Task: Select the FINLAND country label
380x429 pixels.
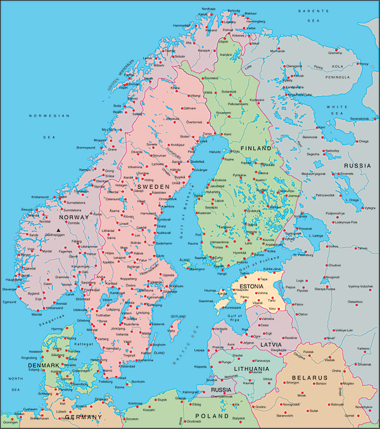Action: (x=255, y=148)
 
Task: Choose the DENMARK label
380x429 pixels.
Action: (x=42, y=366)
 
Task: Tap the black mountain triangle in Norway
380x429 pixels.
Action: (x=59, y=231)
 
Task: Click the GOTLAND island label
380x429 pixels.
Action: (x=179, y=316)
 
